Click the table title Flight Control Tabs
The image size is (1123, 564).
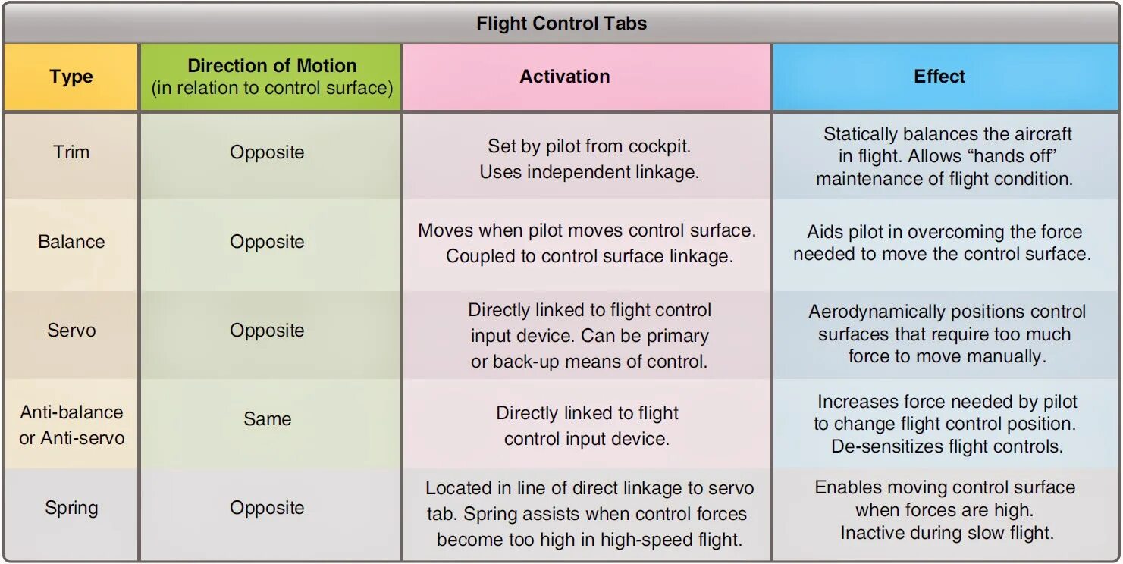(x=561, y=23)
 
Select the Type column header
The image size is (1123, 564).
(x=71, y=77)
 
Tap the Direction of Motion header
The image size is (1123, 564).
(x=271, y=77)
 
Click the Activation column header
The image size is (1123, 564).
(x=564, y=77)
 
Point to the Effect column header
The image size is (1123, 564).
(x=939, y=77)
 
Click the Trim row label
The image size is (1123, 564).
(x=71, y=152)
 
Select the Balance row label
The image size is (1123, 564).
(x=71, y=242)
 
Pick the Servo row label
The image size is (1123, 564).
(x=71, y=331)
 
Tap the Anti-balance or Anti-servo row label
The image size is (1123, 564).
(x=71, y=425)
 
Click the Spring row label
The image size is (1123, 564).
(x=71, y=508)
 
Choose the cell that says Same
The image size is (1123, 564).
(x=267, y=419)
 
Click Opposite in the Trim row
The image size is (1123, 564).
(x=267, y=152)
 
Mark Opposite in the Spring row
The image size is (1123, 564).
(x=267, y=508)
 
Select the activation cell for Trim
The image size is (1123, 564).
(x=588, y=159)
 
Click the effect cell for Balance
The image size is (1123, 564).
(x=943, y=243)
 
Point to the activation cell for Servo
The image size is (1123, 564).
(x=588, y=336)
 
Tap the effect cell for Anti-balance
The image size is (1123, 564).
(x=946, y=425)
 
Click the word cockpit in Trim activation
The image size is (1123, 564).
(x=662, y=146)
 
